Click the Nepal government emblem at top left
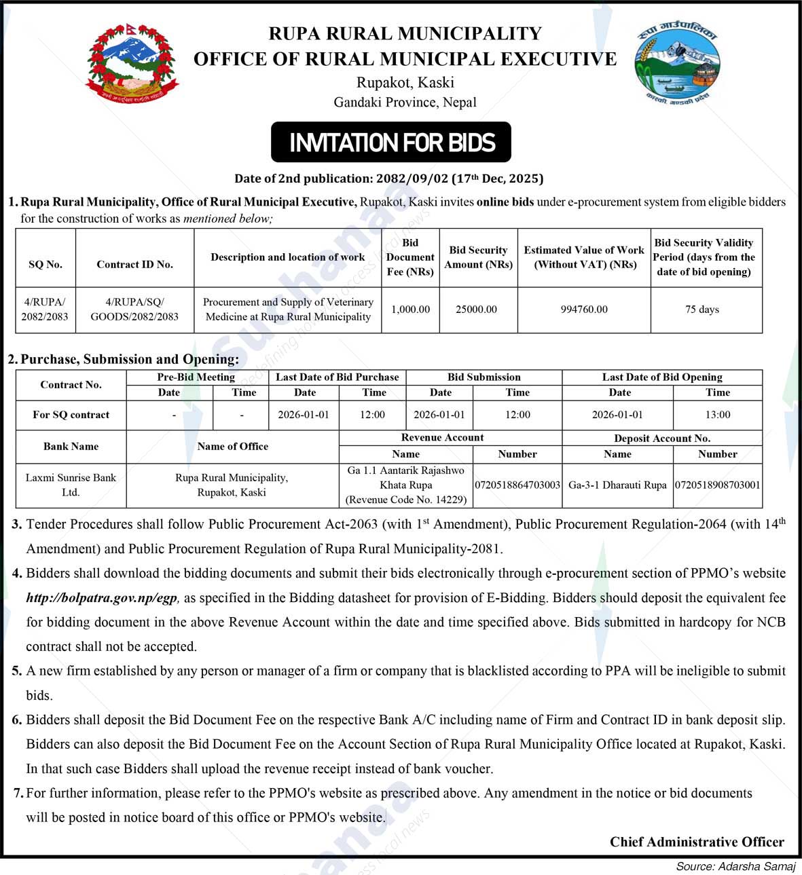pos(132,64)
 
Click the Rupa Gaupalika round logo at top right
pos(676,64)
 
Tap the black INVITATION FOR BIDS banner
pos(391,143)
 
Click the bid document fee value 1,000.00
pos(411,310)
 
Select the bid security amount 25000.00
pos(476,310)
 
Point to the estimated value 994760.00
pos(584,310)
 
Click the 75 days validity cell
pos(702,310)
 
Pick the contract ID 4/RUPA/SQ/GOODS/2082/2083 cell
pos(134,310)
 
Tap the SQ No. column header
pos(45,265)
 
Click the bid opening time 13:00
pos(718,415)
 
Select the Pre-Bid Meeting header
pos(196,377)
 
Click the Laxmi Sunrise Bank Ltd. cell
pos(71,485)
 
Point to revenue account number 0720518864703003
pos(517,485)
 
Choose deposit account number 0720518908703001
pos(718,485)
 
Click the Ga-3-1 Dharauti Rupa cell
pos(617,485)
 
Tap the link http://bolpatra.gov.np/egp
pos(102,598)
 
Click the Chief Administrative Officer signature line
pos(697,842)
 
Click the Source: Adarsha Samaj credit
pos(735,866)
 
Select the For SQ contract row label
pos(71,415)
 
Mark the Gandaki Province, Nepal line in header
pos(405,103)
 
